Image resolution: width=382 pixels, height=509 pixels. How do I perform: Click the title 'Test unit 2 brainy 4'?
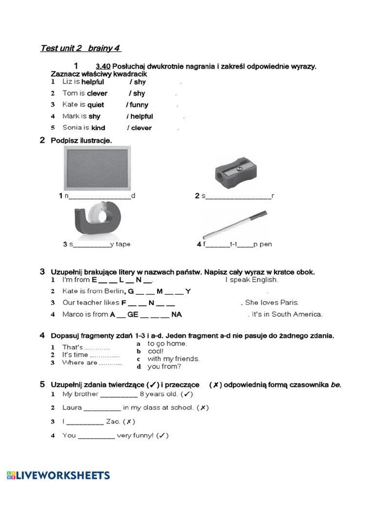click(x=80, y=48)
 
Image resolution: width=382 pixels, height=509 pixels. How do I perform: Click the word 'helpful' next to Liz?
click(x=93, y=82)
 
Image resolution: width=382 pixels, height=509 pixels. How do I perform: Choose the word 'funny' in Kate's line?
click(x=139, y=105)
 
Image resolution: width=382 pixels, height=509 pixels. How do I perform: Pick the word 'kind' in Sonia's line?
click(x=98, y=128)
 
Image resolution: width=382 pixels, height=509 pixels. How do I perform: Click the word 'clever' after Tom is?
click(x=97, y=93)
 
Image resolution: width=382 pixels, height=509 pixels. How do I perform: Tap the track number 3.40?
click(x=103, y=66)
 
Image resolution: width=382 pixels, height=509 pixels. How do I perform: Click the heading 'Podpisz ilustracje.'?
click(x=81, y=141)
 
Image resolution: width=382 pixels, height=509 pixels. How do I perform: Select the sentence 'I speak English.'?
click(x=251, y=280)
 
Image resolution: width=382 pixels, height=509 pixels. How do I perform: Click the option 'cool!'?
click(x=156, y=351)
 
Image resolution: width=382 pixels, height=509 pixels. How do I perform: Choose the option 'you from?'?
click(x=164, y=367)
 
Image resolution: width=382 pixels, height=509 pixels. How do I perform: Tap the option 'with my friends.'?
click(x=173, y=359)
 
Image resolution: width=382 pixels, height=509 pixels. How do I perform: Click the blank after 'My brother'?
click(x=119, y=395)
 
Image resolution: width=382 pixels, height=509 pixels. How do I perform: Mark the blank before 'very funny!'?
click(x=96, y=436)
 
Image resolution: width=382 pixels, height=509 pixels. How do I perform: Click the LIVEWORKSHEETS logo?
click(x=58, y=475)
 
